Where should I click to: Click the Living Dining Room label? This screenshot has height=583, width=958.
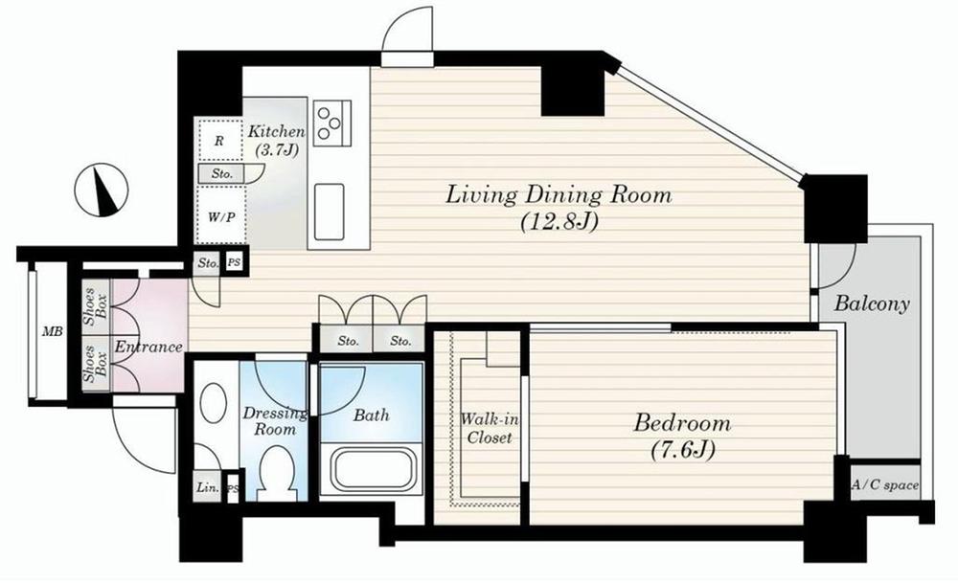coord(559,196)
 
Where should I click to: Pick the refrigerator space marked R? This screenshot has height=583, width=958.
coord(219,141)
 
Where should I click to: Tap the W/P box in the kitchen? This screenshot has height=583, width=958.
coord(219,216)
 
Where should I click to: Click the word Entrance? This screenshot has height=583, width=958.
coord(148,347)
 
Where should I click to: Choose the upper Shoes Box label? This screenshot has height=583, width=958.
coord(95,306)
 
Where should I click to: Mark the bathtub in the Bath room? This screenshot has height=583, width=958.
coord(370,468)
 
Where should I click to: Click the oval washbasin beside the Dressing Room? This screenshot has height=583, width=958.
coord(215,410)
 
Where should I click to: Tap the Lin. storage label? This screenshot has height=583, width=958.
coord(206,487)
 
